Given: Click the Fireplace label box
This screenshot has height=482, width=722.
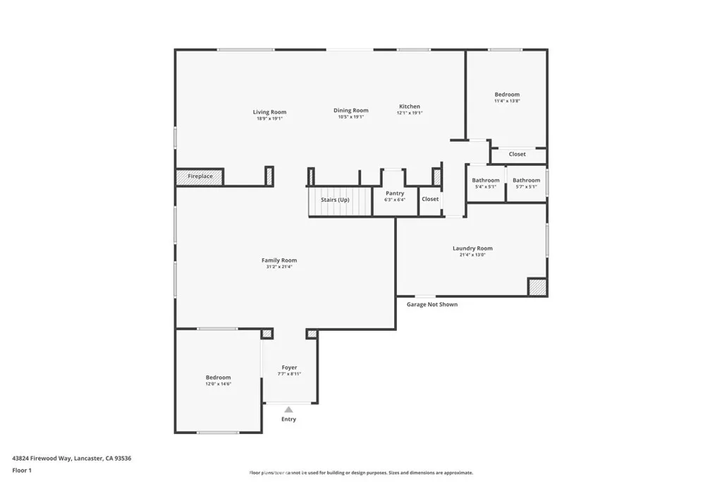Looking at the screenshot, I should [200, 176].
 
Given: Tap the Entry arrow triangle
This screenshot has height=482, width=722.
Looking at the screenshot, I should [288, 409].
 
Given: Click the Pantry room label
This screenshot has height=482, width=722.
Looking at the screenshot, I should [395, 193].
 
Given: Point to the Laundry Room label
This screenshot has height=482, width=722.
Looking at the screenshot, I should [472, 248].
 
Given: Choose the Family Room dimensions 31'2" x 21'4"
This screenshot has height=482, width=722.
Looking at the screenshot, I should [279, 267].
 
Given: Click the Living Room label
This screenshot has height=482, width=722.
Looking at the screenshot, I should [269, 112].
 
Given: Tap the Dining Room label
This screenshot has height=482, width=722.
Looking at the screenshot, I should [350, 110].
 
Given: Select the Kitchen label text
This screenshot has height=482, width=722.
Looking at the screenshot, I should [410, 107].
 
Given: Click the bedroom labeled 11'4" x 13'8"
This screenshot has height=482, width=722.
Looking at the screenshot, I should [507, 97].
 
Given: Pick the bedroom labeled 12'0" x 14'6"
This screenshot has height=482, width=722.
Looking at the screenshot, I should [218, 380].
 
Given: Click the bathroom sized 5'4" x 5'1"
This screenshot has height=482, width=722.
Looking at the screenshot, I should [486, 183].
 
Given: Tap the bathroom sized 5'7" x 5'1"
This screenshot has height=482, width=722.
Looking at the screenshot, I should [526, 183].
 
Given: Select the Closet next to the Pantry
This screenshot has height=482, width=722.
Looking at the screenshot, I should [430, 199].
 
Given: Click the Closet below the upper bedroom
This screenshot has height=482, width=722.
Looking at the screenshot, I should [518, 154].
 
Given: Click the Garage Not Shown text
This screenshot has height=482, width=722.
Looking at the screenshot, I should [432, 304].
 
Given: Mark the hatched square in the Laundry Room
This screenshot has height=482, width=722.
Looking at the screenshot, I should [537, 287].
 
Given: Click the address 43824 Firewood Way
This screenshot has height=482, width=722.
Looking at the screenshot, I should [71, 458].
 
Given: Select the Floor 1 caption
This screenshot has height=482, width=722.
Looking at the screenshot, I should [22, 470].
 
